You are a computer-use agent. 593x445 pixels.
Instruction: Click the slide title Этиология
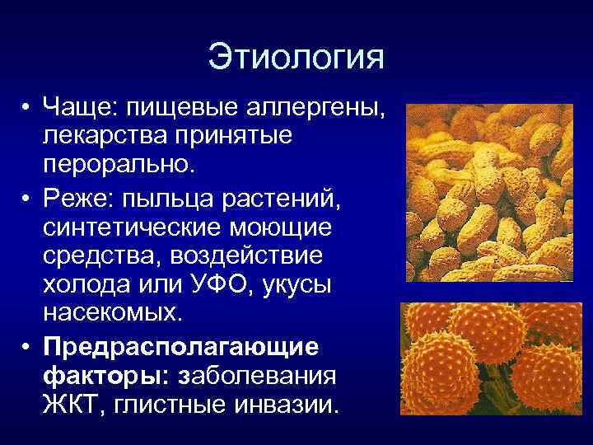(x=296, y=59)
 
